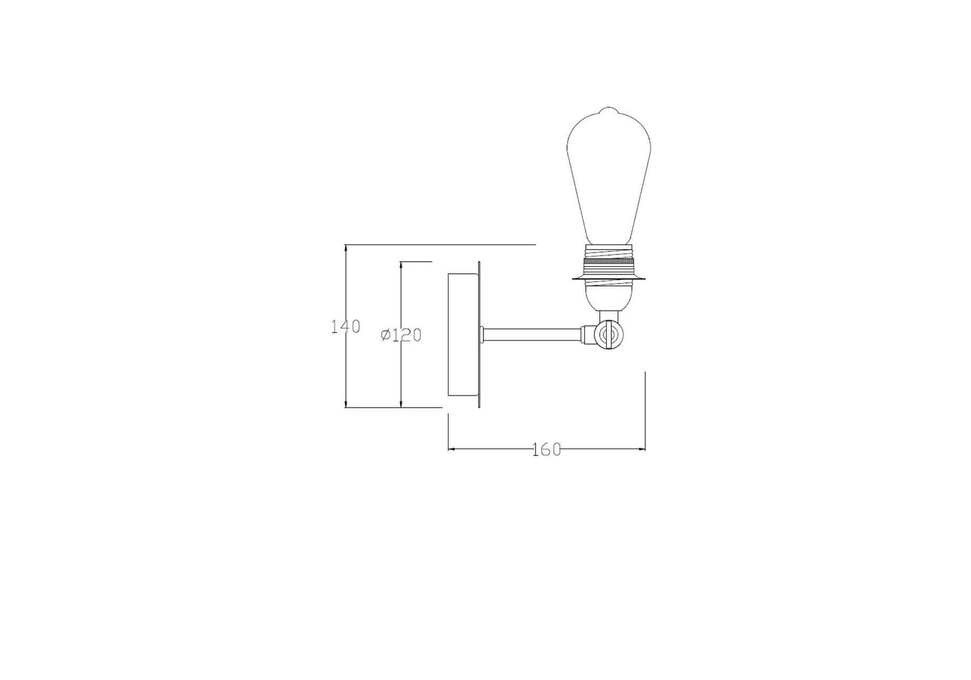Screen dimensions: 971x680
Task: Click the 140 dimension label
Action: [346, 327]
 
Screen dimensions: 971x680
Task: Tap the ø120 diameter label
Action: [401, 335]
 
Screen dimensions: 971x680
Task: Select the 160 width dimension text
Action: [547, 450]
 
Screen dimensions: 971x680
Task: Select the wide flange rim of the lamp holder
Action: [609, 277]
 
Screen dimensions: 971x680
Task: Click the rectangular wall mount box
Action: [463, 335]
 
